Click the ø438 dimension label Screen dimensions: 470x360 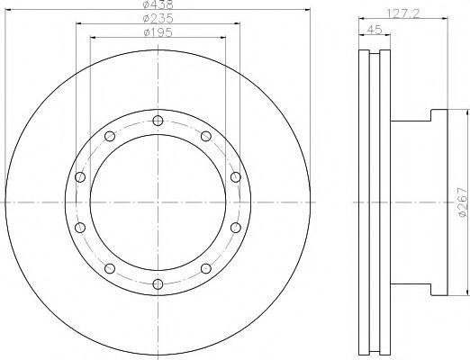click(x=158, y=4)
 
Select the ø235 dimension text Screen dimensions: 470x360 click(x=158, y=19)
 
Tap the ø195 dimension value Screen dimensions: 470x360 click(x=158, y=32)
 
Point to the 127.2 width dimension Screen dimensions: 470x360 click(x=403, y=13)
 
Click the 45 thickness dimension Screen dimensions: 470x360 click(x=375, y=30)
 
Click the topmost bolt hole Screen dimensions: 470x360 click(x=158, y=121)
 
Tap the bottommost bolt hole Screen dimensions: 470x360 click(x=158, y=283)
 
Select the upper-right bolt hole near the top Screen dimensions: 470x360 click(x=206, y=136)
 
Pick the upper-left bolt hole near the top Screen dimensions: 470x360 click(x=110, y=136)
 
